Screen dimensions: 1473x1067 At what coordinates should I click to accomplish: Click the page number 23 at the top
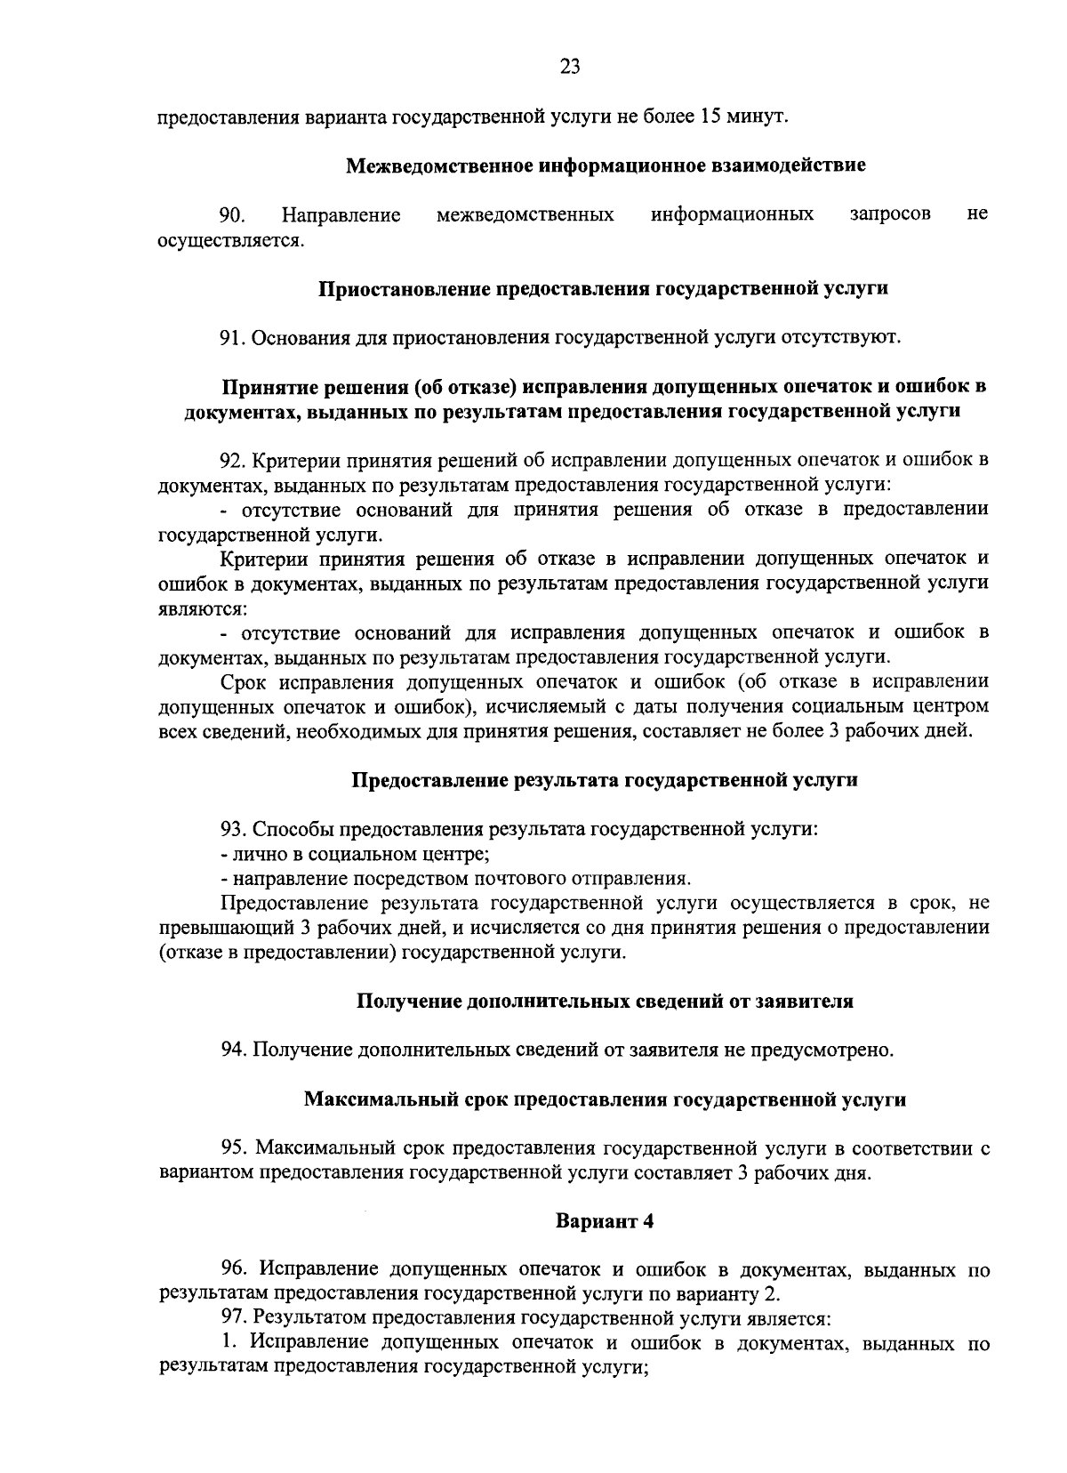pos(570,66)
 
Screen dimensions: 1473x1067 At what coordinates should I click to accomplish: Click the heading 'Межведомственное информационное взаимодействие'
pos(605,165)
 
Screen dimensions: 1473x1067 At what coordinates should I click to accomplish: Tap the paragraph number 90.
pos(233,214)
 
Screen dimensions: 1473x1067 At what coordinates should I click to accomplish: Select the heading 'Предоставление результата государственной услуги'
pos(605,780)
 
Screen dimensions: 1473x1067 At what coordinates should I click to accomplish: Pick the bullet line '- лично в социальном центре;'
pos(355,854)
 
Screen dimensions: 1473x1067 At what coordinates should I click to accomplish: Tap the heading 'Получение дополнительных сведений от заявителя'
pos(605,1002)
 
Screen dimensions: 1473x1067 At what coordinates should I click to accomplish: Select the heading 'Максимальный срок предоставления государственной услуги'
pos(605,1099)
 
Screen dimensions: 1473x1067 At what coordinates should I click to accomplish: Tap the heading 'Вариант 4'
pos(605,1221)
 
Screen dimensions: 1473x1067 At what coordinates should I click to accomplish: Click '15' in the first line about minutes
pos(710,117)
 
